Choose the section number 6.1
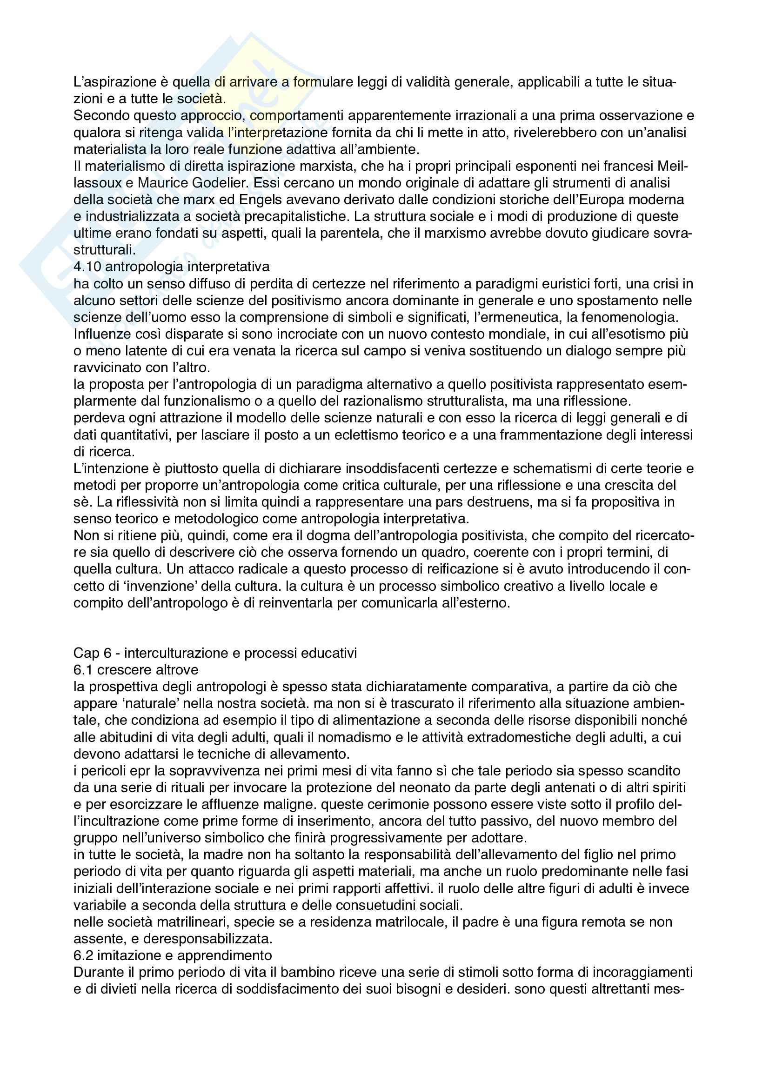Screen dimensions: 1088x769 pyautogui.click(x=83, y=670)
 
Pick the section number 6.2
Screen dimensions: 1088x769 pyautogui.click(x=83, y=955)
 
